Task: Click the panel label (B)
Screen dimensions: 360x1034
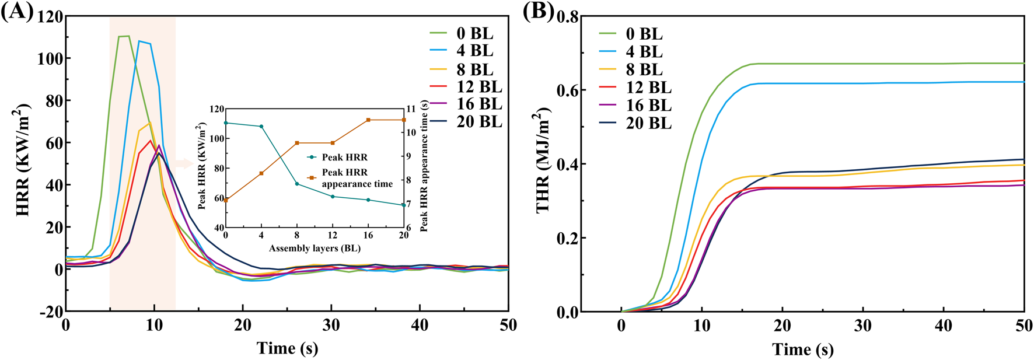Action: click(538, 12)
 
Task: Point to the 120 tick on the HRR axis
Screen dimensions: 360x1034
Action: click(50, 17)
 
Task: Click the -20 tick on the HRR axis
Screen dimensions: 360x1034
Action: click(50, 312)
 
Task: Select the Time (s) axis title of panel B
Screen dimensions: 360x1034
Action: click(803, 349)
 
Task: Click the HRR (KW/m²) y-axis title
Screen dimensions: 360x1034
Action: click(22, 160)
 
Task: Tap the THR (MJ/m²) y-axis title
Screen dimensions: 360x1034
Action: click(543, 160)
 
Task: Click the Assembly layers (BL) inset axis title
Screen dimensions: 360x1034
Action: click(315, 249)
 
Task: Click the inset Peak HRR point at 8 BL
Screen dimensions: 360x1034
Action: click(297, 184)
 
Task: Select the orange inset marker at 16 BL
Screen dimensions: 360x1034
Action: click(368, 120)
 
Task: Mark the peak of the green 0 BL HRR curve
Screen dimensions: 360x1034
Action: click(124, 36)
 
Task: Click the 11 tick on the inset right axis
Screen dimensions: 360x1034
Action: click(411, 109)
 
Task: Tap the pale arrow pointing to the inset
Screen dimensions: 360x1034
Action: click(184, 164)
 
